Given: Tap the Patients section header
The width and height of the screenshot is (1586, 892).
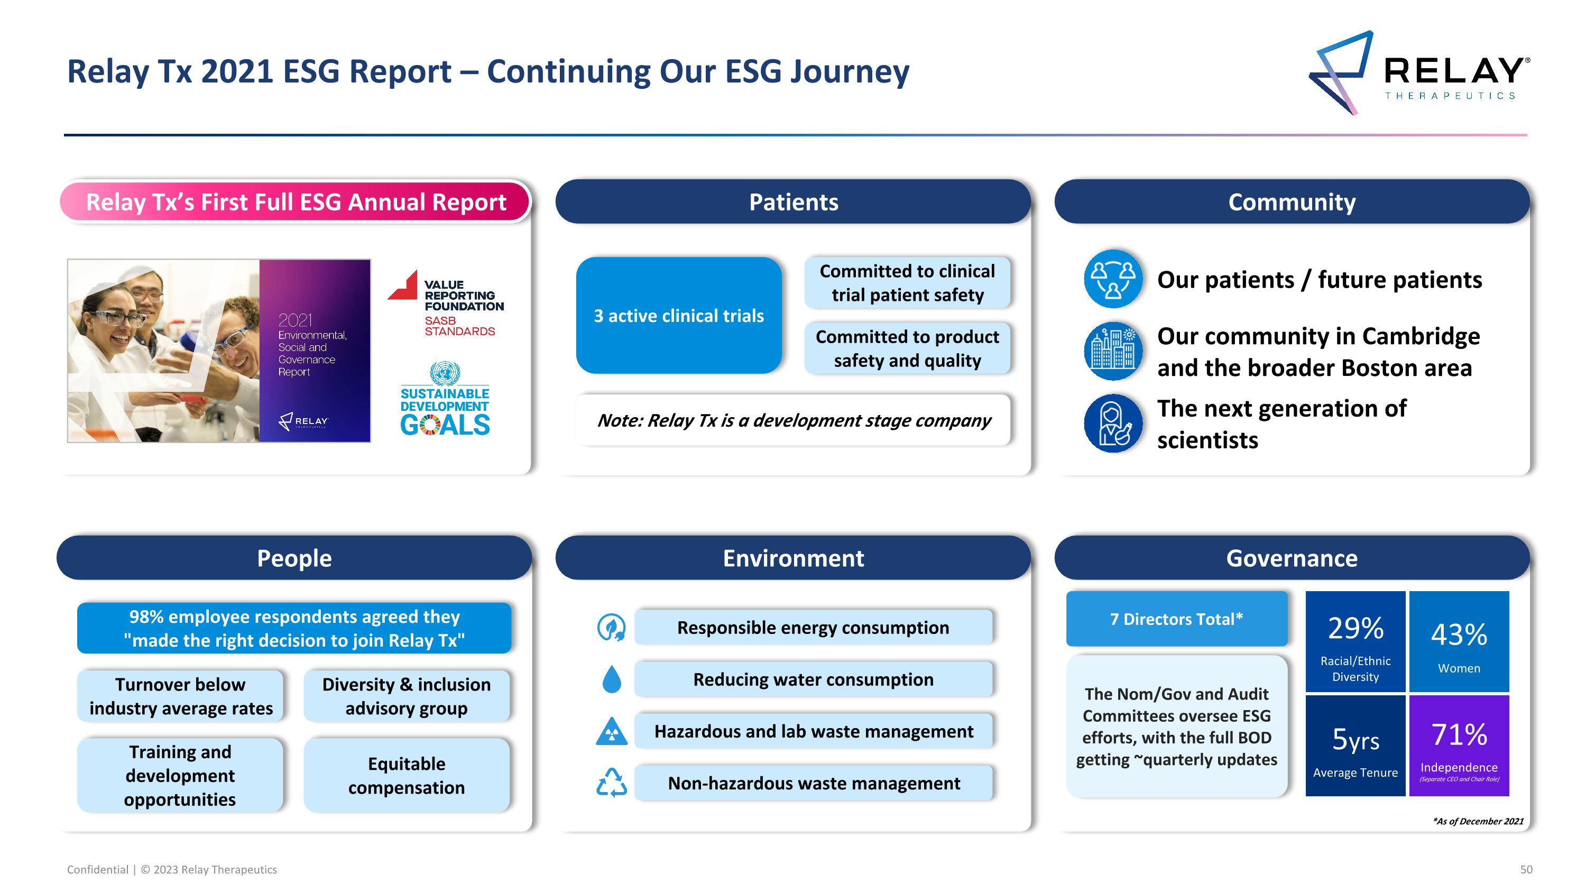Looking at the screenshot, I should pyautogui.click(x=793, y=202).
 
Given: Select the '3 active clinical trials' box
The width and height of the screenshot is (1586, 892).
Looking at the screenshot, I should pyautogui.click(x=678, y=316).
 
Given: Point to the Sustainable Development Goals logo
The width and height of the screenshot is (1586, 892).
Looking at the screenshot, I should pyautogui.click(x=445, y=400).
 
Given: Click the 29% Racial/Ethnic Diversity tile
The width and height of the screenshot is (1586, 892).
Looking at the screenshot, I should pyautogui.click(x=1355, y=641).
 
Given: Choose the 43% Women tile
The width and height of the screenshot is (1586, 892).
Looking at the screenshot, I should pyautogui.click(x=1459, y=641).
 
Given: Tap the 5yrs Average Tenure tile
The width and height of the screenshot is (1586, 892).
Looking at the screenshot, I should pyautogui.click(x=1355, y=746).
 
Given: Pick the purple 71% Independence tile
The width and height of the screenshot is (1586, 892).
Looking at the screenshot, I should pyautogui.click(x=1459, y=746).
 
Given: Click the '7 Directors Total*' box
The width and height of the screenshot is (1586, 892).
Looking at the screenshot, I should pyautogui.click(x=1176, y=619).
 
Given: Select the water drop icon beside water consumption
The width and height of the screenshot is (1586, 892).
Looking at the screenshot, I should pyautogui.click(x=611, y=679).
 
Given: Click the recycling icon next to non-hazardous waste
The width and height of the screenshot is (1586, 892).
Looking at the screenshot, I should pyautogui.click(x=611, y=783).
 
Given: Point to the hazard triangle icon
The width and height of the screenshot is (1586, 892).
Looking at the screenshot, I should pyautogui.click(x=611, y=731).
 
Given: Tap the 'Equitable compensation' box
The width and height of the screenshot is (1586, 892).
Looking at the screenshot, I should pyautogui.click(x=407, y=776).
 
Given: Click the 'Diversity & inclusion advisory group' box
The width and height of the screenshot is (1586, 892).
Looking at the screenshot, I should pyautogui.click(x=407, y=696).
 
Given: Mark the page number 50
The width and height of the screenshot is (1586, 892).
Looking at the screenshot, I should pyautogui.click(x=1526, y=870).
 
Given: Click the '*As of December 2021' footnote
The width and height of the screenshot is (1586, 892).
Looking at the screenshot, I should pyautogui.click(x=1478, y=821).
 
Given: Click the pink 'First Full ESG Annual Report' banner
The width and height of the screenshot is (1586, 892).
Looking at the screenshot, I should pyautogui.click(x=296, y=202).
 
